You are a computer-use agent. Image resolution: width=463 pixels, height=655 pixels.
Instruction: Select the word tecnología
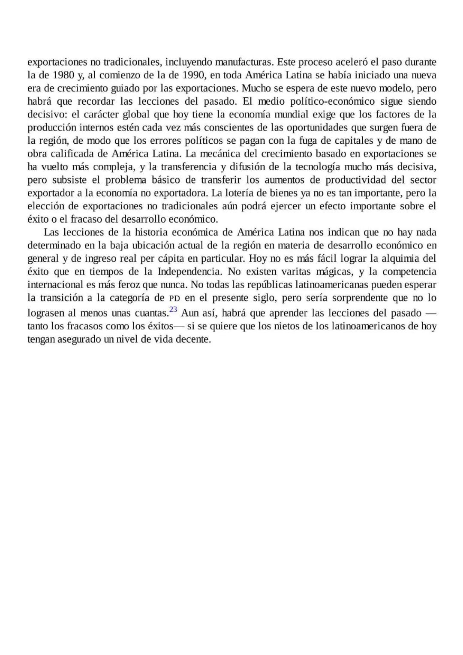pos(317,167)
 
